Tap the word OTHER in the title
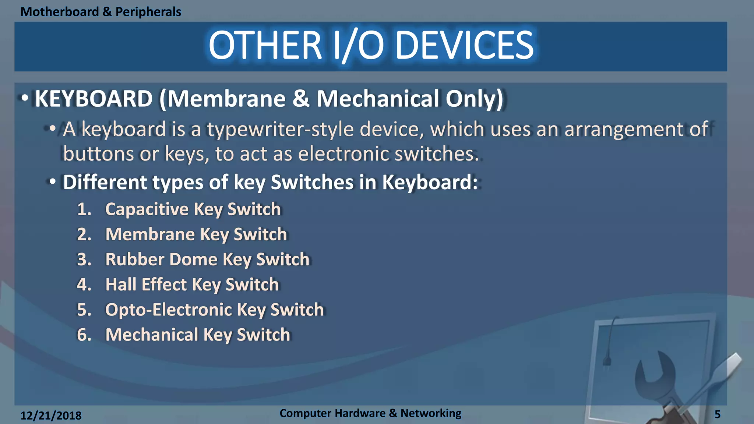point(265,46)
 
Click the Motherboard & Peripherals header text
point(101,12)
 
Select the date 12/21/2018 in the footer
point(51,416)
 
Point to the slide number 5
point(717,414)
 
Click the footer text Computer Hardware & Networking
point(370,413)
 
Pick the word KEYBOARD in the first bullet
point(94,99)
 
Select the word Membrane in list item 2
point(150,234)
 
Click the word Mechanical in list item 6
point(152,335)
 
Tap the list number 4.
point(84,285)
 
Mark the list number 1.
point(84,209)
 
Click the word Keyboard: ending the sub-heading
point(430,182)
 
